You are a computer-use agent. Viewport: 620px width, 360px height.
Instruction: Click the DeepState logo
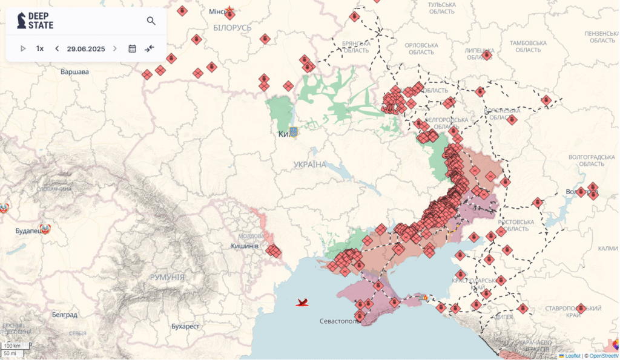point(35,21)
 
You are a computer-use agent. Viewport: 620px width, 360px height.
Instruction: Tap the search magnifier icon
point(151,21)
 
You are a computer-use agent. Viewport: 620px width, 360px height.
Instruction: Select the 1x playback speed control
point(40,48)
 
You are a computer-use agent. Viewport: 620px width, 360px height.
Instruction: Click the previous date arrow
point(57,48)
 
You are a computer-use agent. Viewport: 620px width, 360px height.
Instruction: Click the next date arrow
point(115,48)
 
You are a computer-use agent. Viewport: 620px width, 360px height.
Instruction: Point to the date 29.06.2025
point(86,48)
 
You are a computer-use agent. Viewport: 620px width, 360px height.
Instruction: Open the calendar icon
point(132,48)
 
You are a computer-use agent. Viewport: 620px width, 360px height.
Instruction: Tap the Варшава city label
point(74,71)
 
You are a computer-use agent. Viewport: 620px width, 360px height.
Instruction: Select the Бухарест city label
point(185,326)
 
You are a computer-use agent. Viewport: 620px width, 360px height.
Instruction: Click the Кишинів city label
point(245,246)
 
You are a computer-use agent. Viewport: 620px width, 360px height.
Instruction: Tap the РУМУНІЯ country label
point(167,277)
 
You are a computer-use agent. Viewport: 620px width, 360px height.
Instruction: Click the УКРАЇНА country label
point(310,165)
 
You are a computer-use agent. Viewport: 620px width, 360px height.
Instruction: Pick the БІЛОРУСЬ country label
point(232,28)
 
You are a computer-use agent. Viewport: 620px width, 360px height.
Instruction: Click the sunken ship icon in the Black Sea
point(303,301)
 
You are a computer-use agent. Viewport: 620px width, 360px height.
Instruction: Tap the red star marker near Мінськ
point(229,10)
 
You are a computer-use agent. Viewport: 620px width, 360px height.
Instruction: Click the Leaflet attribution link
point(572,356)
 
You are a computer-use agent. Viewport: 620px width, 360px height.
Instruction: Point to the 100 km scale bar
point(12,345)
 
